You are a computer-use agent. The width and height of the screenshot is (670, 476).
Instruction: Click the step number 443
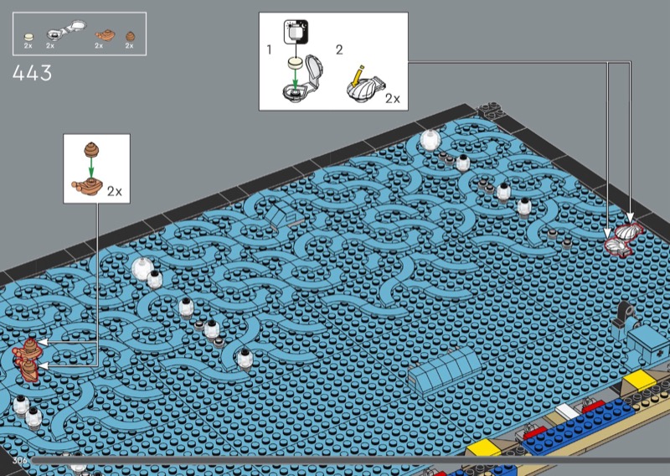pos(32,73)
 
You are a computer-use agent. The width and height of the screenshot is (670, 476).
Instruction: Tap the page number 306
pos(19,460)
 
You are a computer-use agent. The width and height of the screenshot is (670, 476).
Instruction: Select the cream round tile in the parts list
pos(28,37)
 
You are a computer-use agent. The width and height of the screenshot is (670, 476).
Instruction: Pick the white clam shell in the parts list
pos(66,30)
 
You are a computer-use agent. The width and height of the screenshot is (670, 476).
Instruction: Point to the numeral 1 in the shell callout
pos(269,50)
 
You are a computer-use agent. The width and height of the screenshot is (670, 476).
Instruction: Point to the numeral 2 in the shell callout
pos(339,50)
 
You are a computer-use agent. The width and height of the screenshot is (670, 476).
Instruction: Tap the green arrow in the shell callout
pos(295,79)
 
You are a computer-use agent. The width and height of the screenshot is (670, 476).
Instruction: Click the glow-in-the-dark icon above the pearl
pos(296,31)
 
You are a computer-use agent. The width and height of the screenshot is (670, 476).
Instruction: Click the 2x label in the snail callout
pos(114,191)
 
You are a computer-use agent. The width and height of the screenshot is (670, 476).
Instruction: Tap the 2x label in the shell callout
pos(392,99)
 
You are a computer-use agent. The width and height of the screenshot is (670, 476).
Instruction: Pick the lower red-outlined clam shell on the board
pos(618,247)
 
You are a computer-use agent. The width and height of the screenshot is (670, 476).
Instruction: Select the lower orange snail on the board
pos(28,369)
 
